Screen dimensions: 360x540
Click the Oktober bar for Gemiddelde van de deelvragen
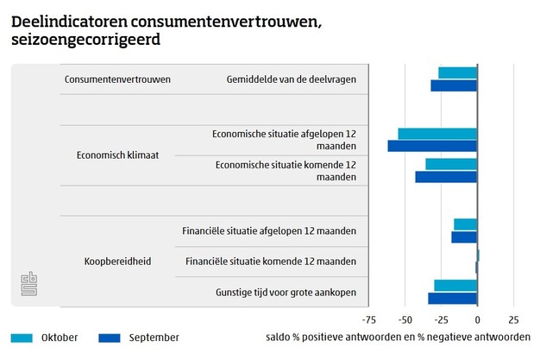tap(457, 73)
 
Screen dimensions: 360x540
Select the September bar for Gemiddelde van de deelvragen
tap(454, 85)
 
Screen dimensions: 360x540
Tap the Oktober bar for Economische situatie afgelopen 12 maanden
tap(437, 134)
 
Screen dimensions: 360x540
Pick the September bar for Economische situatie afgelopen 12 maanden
tap(432, 146)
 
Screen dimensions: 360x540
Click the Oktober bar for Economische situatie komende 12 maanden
tap(451, 164)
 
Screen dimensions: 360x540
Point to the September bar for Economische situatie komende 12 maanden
tap(446, 177)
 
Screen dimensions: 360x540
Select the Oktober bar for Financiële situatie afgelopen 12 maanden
tap(466, 224)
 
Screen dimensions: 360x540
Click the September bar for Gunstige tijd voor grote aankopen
tap(453, 298)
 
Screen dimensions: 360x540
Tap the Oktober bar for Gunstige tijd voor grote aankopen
tap(455, 286)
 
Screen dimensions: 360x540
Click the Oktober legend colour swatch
tap(22, 338)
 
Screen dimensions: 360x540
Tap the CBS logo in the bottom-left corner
tap(30, 286)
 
